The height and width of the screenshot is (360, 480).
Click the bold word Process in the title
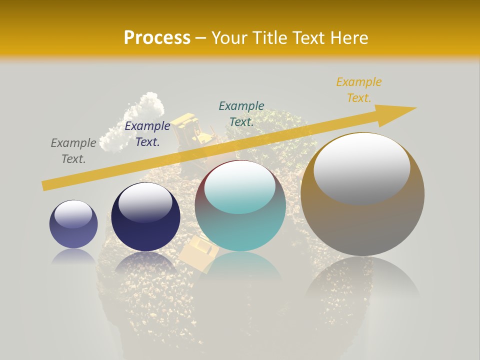coord(157,37)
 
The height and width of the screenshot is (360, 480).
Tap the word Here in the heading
coord(350,37)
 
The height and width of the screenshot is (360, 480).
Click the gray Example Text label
coord(73,151)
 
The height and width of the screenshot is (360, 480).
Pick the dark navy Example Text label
coord(147,134)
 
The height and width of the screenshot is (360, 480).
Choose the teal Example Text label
coord(241,113)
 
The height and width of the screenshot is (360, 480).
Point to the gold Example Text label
coord(359,90)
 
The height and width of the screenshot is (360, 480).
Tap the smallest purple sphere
coord(73,224)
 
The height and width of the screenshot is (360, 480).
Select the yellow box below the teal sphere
coord(198,252)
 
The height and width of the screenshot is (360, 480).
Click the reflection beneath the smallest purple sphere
coord(73,256)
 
